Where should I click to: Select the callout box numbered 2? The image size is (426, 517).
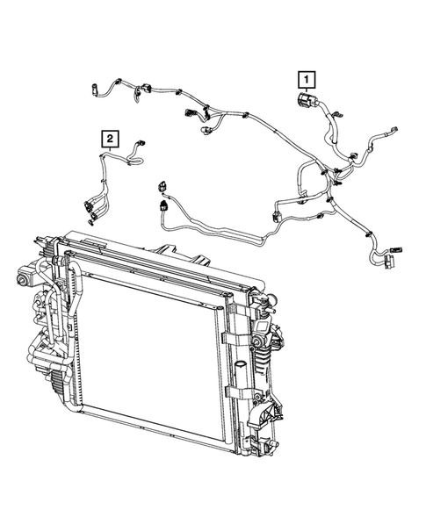[109, 137]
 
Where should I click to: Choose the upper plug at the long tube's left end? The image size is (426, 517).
[162, 186]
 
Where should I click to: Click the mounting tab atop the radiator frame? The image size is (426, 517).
[200, 260]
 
